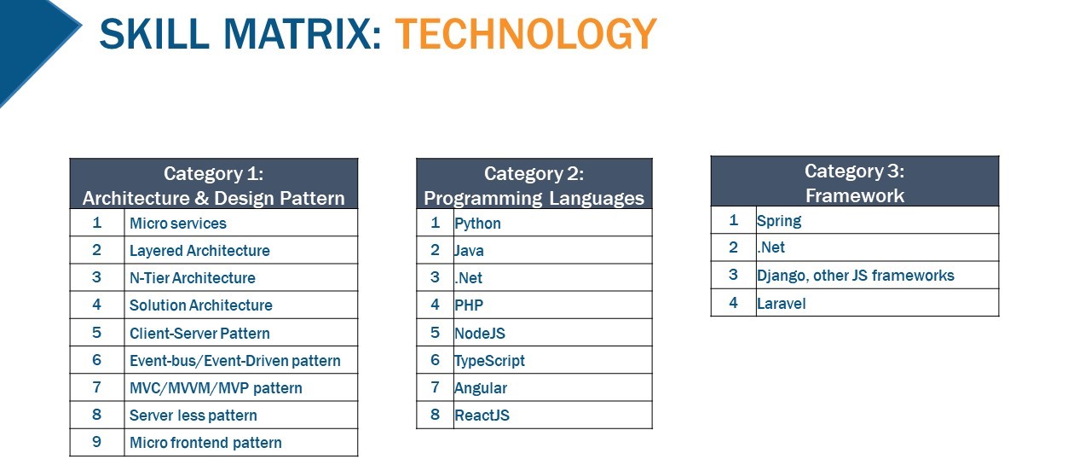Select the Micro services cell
click(x=178, y=224)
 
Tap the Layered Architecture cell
click(x=199, y=251)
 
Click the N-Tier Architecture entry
click(x=193, y=278)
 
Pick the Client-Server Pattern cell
click(x=199, y=333)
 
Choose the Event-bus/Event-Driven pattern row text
click(x=234, y=361)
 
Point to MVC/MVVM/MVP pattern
click(x=216, y=388)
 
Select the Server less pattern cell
click(x=193, y=416)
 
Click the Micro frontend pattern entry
click(x=205, y=443)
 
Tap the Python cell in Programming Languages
click(x=477, y=224)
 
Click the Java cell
click(x=469, y=251)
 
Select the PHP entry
click(x=469, y=305)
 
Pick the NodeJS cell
click(x=480, y=333)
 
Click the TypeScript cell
click(x=489, y=361)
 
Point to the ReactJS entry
click(x=482, y=416)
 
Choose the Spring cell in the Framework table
click(x=779, y=221)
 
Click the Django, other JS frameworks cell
click(x=855, y=276)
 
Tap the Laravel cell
click(x=781, y=303)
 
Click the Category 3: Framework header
click(x=854, y=183)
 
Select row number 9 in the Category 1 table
click(x=96, y=442)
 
